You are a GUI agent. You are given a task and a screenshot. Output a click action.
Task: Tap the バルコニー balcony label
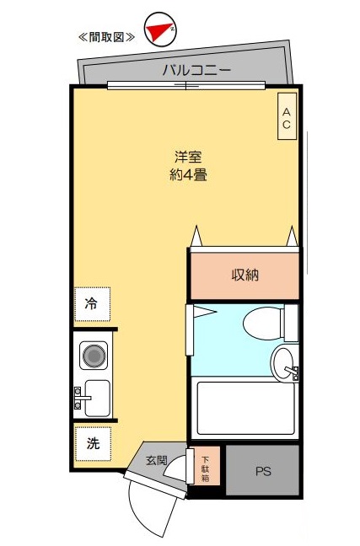[x=196, y=71]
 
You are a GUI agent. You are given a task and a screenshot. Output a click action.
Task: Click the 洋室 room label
[x=188, y=157]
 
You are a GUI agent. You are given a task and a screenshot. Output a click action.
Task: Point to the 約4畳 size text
[x=188, y=176]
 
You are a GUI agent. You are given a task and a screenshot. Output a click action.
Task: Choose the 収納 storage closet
[x=244, y=275]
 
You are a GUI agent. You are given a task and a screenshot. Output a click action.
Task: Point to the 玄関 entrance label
[x=157, y=460]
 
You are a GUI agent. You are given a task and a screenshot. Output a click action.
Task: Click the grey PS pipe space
[x=263, y=469]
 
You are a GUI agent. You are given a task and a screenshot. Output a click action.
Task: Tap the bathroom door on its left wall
[x=191, y=330]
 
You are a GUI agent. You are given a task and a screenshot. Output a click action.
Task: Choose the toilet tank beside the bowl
[x=291, y=322]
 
